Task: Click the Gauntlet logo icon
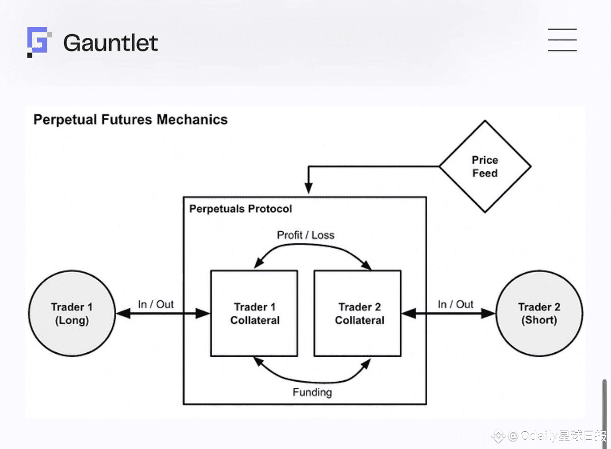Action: click(x=39, y=42)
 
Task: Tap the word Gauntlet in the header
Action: click(x=110, y=43)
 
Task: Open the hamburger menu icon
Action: click(x=562, y=40)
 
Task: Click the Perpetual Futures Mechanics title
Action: click(x=130, y=120)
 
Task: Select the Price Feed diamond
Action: click(x=485, y=167)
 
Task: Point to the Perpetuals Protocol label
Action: click(x=241, y=209)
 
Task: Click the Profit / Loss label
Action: click(x=305, y=235)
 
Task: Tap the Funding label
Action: click(x=312, y=392)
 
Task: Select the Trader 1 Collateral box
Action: click(x=254, y=313)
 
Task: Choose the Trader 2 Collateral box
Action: click(x=357, y=313)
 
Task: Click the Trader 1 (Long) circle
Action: click(x=72, y=313)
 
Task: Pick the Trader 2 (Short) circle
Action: click(x=539, y=313)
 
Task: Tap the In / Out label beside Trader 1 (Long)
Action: click(x=156, y=304)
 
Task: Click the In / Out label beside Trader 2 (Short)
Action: click(x=456, y=304)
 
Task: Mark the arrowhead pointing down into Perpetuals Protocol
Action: click(x=308, y=188)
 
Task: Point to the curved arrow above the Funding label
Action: click(x=312, y=380)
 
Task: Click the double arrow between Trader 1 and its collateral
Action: click(x=163, y=314)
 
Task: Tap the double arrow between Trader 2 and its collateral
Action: click(x=448, y=314)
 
